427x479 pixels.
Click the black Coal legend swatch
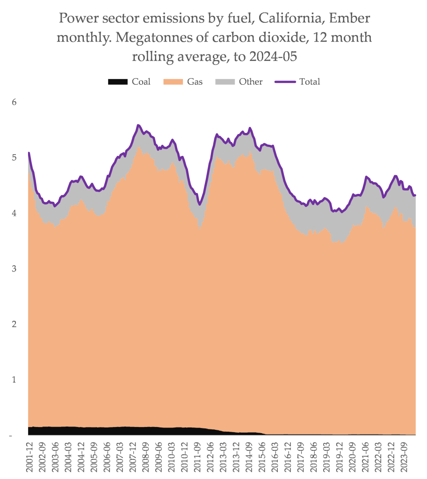coord(117,82)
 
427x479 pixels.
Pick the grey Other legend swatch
coord(224,82)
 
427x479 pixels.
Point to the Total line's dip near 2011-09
coord(200,204)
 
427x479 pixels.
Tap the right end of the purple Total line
coord(415,195)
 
